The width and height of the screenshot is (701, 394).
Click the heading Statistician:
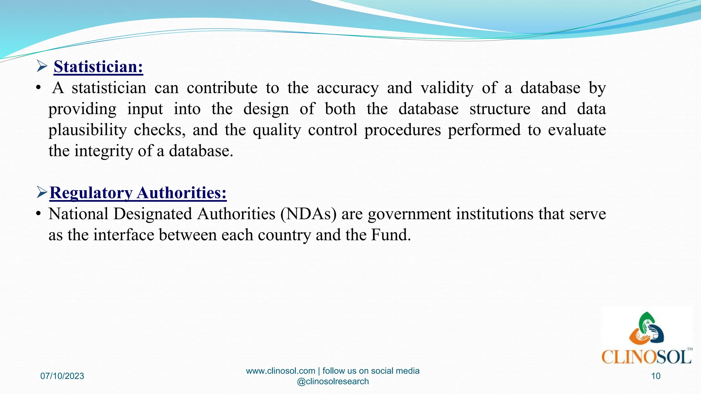pyautogui.click(x=98, y=66)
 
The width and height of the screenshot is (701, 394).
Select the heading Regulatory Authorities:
pyautogui.click(x=138, y=193)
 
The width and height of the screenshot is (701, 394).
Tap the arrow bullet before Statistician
pyautogui.click(x=42, y=66)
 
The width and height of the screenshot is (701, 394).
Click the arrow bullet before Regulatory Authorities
pyautogui.click(x=42, y=193)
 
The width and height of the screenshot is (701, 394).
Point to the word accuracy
pyautogui.click(x=348, y=88)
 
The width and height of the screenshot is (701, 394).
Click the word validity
pyautogui.click(x=447, y=88)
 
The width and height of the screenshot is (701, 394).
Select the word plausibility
pyautogui.click(x=87, y=130)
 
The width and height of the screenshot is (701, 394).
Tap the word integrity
pyautogui.click(x=104, y=151)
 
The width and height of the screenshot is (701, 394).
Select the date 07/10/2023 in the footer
pyautogui.click(x=62, y=376)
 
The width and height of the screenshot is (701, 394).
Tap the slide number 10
pyautogui.click(x=655, y=376)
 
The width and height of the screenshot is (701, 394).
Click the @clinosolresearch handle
pyautogui.click(x=333, y=381)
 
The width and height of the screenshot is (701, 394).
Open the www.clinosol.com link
pyautogui.click(x=280, y=371)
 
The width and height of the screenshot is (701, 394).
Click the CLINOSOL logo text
pyautogui.click(x=646, y=357)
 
